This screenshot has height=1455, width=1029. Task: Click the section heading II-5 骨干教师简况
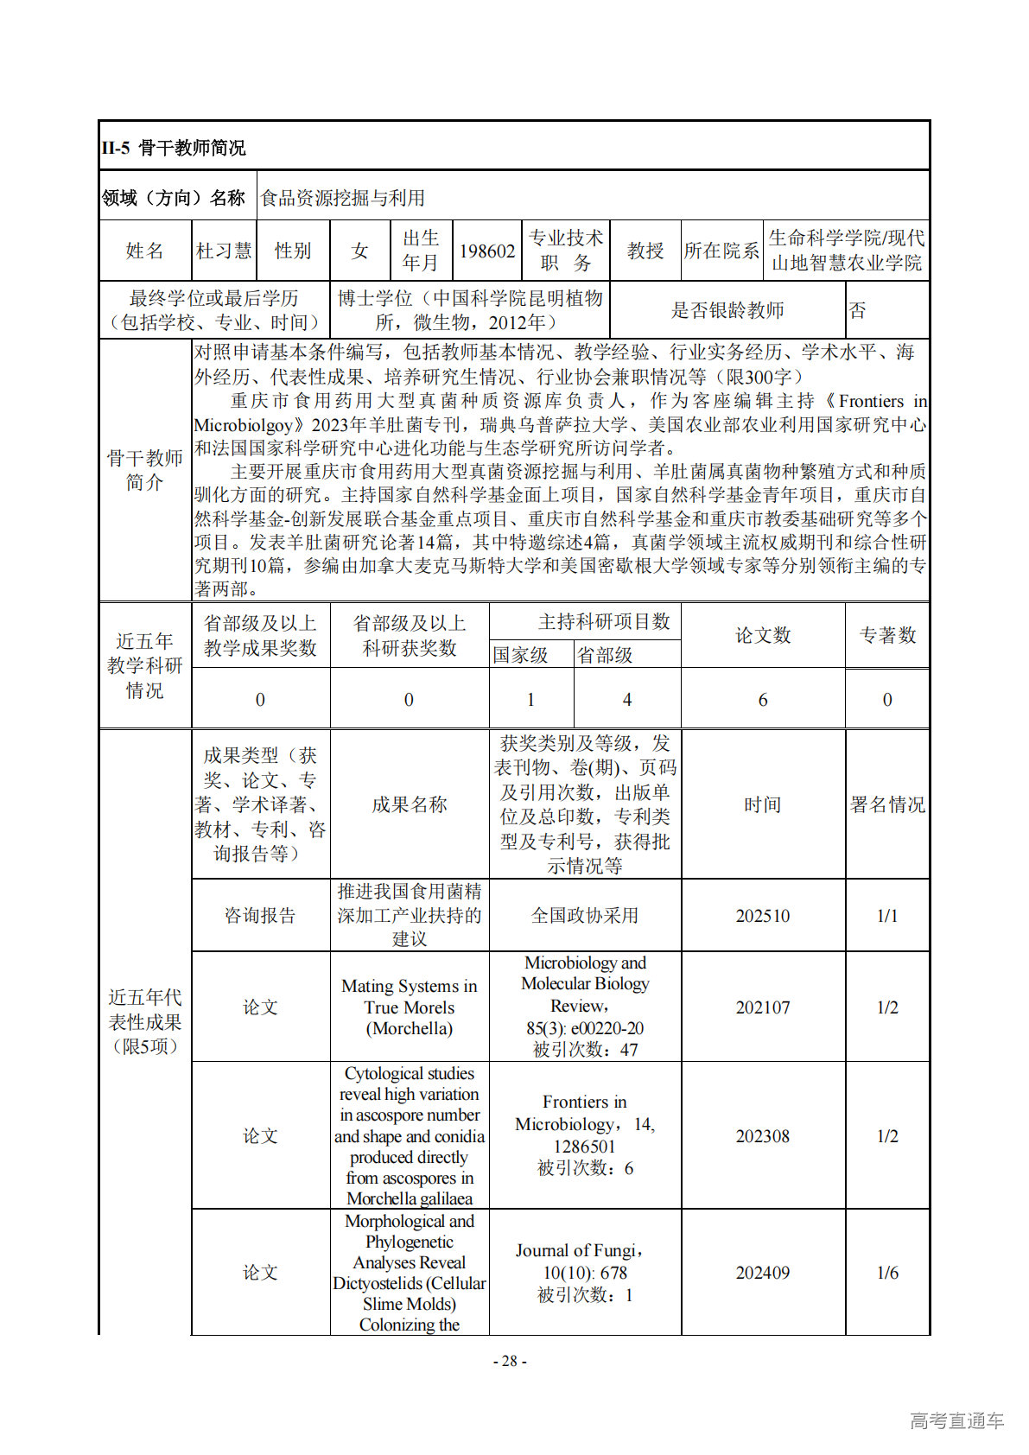[x=174, y=148]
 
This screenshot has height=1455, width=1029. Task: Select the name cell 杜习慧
[x=224, y=251]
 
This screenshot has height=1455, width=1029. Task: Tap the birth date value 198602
[x=487, y=251]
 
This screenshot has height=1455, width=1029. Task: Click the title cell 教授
[x=645, y=251]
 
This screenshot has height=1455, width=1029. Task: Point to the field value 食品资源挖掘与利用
[x=343, y=198]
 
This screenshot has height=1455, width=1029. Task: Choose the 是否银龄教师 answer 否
[x=857, y=310]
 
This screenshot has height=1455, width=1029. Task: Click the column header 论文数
[x=763, y=635]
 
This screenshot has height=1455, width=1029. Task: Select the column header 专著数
[x=887, y=635]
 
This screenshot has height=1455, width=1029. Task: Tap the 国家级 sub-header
[x=520, y=655]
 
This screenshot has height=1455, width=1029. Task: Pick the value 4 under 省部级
[x=627, y=700]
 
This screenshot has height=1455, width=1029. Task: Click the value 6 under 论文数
[x=763, y=700]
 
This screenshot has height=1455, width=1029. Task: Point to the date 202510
[x=763, y=916]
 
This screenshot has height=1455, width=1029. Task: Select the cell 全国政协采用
[x=585, y=916]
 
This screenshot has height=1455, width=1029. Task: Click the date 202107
[x=763, y=1007]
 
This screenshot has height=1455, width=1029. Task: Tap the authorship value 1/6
[x=887, y=1273]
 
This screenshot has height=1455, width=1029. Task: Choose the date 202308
[x=763, y=1136]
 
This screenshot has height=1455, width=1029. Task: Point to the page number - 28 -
[x=510, y=1361]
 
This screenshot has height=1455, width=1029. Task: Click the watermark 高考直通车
[x=956, y=1420]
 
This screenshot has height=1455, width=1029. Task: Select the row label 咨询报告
[x=260, y=916]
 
